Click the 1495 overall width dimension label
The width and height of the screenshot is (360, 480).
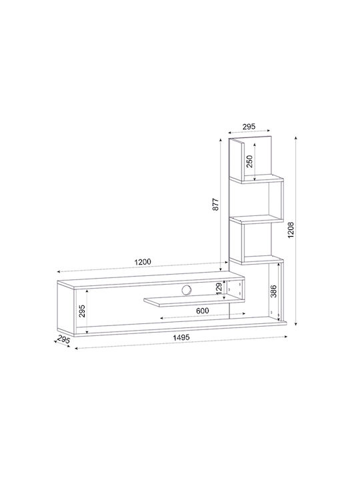tap(181, 337)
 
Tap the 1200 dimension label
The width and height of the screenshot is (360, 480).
tap(143, 262)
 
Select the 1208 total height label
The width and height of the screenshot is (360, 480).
tap(291, 230)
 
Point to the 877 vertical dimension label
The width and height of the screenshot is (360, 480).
tap(216, 205)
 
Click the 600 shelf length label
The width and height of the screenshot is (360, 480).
tap(203, 311)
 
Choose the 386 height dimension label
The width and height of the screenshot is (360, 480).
tap(274, 291)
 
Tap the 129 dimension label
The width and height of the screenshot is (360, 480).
tap(219, 289)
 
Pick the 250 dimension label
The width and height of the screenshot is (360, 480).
tap(250, 161)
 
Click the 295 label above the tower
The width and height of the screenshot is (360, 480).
tap(249, 126)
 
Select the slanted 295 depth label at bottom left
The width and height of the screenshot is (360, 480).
tap(64, 340)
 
